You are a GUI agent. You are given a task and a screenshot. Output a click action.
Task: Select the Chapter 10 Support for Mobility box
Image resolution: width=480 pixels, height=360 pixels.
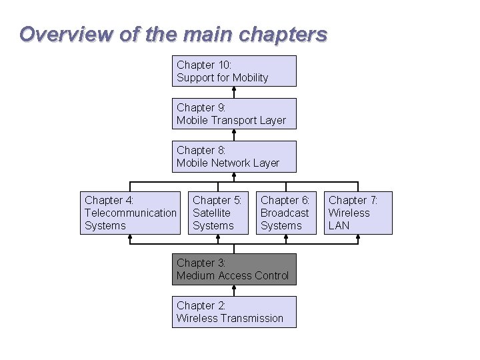coord(234,71)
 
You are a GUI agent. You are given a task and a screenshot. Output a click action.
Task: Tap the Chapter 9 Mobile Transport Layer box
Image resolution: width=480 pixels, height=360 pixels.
coord(234,113)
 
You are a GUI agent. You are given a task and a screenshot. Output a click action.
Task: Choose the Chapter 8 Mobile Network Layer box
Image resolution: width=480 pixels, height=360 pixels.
coord(234,156)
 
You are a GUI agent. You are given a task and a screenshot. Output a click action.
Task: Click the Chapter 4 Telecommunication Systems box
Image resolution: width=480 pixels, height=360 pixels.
coord(131,213)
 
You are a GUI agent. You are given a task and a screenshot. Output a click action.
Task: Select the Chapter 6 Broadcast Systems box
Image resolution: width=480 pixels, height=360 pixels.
coord(286,213)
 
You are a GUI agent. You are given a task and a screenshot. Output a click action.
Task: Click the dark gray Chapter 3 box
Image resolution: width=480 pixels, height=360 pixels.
coord(234,269)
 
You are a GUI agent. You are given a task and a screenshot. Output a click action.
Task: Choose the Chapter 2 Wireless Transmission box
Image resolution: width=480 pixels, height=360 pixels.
coord(234,312)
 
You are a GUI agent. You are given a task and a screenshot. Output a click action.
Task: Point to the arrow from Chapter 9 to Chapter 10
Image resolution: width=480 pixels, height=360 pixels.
coord(234,93)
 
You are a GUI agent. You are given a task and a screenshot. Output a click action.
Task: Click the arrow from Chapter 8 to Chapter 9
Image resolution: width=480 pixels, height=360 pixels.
coord(234,135)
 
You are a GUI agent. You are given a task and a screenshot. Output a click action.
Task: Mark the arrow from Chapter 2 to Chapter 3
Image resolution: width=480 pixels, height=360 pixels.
coord(234,291)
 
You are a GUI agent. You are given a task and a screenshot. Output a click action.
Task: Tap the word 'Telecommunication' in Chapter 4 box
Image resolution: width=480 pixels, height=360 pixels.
coord(131,213)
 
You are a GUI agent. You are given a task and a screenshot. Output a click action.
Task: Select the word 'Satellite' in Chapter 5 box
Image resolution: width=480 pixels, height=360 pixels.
coord(211,213)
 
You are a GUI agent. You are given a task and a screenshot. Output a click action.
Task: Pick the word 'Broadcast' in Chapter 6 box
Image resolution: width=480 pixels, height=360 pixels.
coord(285,213)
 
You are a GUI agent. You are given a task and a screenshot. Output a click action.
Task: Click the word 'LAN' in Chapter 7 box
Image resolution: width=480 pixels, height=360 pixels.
coord(339,225)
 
